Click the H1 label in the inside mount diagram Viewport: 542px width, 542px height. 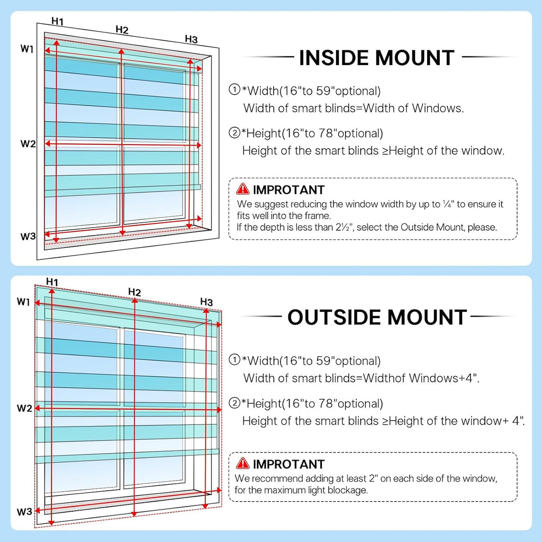tap(57, 21)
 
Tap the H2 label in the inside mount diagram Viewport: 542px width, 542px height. tap(122, 30)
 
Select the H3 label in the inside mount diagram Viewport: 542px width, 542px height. tap(191, 39)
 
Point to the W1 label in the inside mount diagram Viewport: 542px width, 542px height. tap(27, 49)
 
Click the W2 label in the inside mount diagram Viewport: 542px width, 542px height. tap(28, 143)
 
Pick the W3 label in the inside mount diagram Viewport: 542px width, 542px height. tap(28, 237)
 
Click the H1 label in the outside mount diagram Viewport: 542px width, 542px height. tap(52, 282)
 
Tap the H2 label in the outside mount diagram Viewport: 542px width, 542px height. tap(134, 292)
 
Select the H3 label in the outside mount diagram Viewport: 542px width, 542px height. tap(206, 302)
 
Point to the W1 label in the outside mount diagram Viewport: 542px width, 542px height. tap(23, 302)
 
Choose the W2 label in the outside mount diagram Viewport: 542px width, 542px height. tap(24, 408)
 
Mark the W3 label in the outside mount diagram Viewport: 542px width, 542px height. tap(24, 512)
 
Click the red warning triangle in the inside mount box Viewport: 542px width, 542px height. tap(242, 189)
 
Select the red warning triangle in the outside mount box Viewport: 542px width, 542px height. tap(242, 463)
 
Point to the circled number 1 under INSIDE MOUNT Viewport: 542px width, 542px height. tap(234, 89)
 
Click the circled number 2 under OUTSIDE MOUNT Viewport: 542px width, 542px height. tap(234, 403)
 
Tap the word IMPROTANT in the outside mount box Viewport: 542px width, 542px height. tap(288, 464)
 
